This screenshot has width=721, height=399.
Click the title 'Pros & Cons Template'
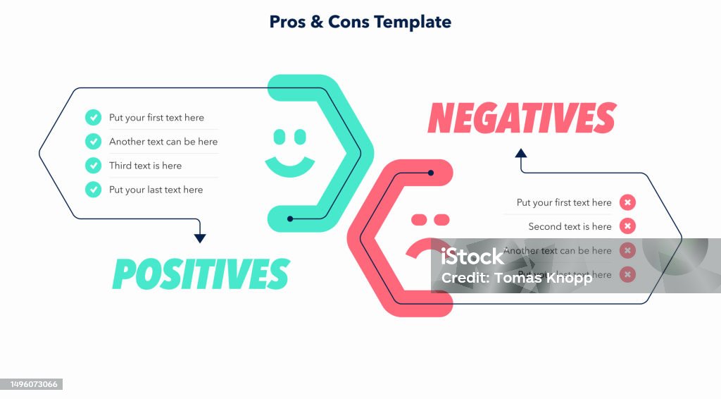(x=360, y=22)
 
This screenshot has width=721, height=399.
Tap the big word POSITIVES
(x=201, y=274)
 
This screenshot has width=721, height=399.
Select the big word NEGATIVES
(x=522, y=118)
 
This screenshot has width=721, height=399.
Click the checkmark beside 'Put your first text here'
(x=93, y=118)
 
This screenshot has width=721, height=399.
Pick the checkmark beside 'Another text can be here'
(x=93, y=142)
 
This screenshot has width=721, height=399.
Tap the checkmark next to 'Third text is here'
(x=93, y=166)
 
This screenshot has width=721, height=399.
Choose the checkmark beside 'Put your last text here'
(x=93, y=190)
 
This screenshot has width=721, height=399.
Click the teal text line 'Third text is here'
(x=145, y=166)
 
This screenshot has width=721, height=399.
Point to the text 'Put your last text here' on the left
(x=156, y=190)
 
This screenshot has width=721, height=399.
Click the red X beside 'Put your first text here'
(x=627, y=202)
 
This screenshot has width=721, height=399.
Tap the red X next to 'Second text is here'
(x=627, y=226)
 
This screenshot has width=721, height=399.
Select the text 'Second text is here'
(x=570, y=226)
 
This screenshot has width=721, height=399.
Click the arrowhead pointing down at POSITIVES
(x=200, y=239)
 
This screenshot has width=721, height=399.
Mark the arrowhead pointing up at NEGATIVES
(x=521, y=153)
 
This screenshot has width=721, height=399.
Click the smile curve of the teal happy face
(x=289, y=168)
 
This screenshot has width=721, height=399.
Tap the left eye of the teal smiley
(x=279, y=136)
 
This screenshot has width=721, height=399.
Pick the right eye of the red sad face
(x=441, y=220)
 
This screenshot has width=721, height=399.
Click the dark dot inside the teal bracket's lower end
(x=290, y=219)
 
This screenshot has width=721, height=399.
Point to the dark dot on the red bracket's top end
(x=431, y=172)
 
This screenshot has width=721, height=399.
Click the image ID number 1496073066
(x=32, y=384)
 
